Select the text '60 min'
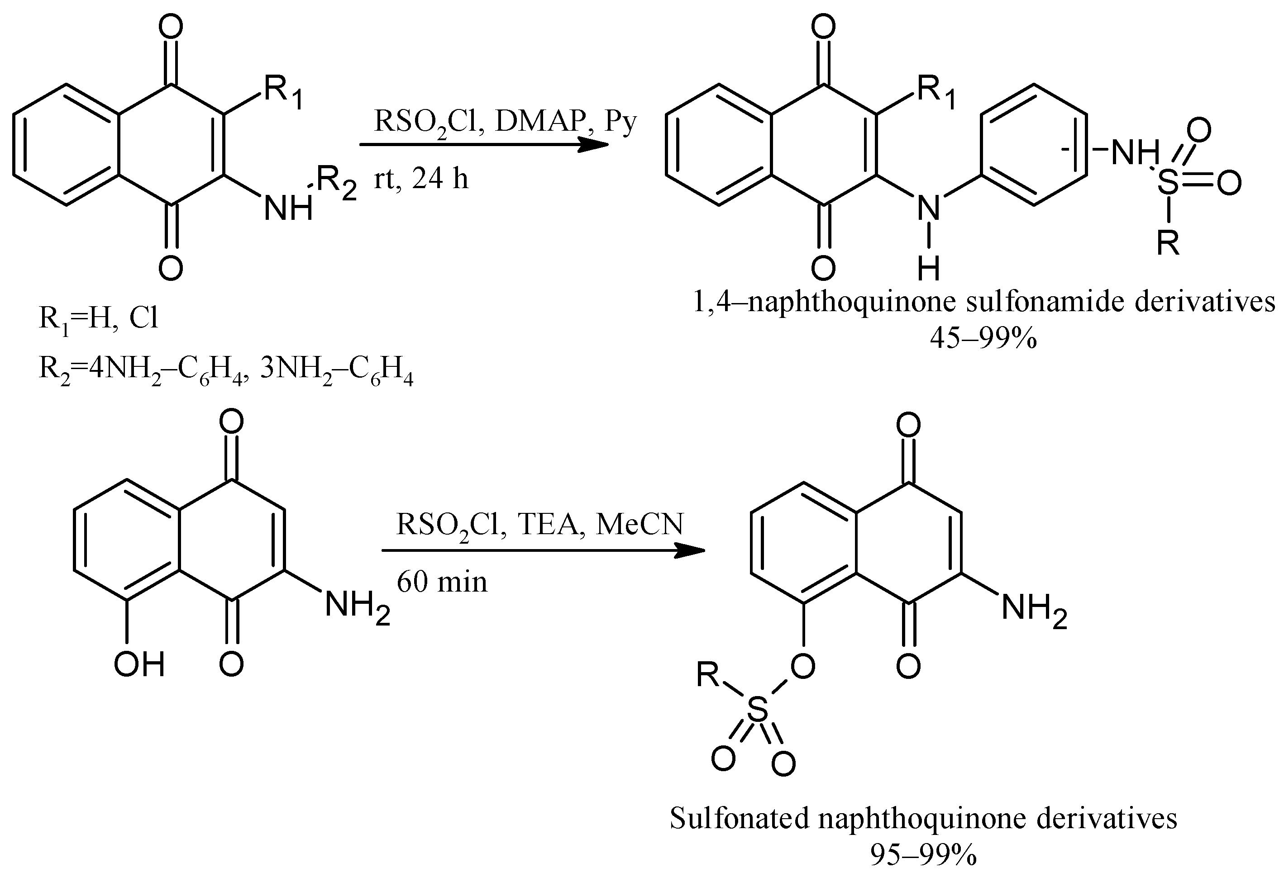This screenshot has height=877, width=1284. [x=442, y=582]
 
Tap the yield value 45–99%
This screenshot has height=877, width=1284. [x=983, y=338]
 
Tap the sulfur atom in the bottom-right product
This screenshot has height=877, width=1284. [x=758, y=710]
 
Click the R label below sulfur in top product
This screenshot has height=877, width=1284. [x=1168, y=242]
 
